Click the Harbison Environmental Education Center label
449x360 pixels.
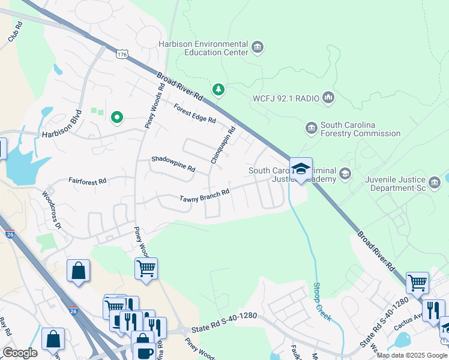coord(203,48)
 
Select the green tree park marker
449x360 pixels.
coord(219,90)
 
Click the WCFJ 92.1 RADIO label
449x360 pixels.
coord(285,97)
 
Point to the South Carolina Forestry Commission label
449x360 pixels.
coord(360,130)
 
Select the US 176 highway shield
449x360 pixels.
coord(122,55)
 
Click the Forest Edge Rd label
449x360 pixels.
coord(194,113)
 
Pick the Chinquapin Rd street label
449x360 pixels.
coord(223,145)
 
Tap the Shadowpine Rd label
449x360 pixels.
coord(173,164)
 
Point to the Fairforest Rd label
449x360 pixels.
coord(87,180)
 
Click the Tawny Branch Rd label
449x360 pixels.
coord(205,196)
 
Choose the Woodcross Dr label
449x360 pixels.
coord(52,210)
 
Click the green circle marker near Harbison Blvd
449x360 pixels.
coord(117,118)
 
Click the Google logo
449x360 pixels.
coord(20,353)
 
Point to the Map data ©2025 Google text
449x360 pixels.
coord(412,355)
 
